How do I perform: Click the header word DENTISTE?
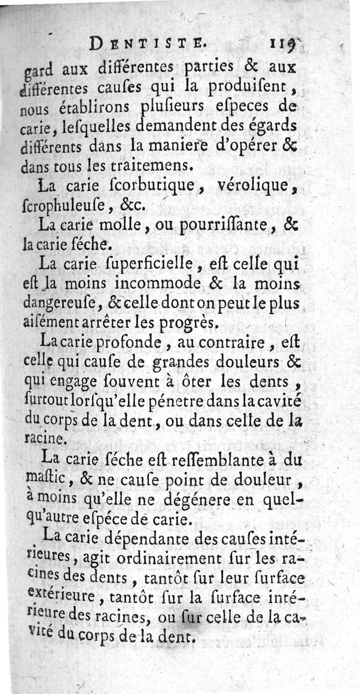pyautogui.click(x=148, y=44)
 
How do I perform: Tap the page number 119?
pyautogui.click(x=282, y=44)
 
